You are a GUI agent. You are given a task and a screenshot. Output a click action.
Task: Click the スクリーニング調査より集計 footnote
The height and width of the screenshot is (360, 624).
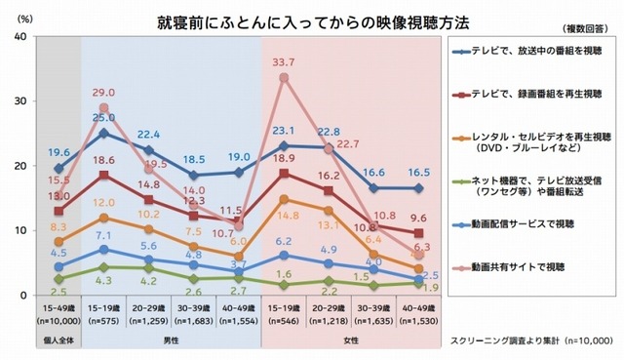click(x=532, y=342)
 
